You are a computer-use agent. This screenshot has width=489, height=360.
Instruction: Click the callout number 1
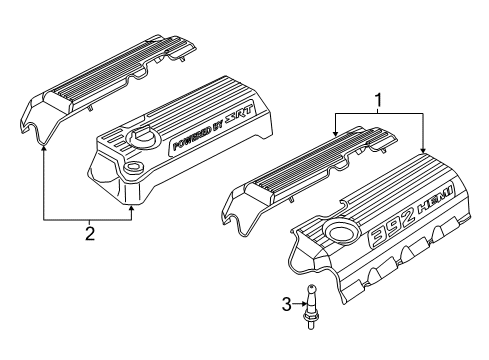tap(378, 101)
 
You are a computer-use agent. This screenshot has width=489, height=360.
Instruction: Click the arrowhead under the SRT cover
tap(132, 209)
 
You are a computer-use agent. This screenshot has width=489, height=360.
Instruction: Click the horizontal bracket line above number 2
tap(88, 218)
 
